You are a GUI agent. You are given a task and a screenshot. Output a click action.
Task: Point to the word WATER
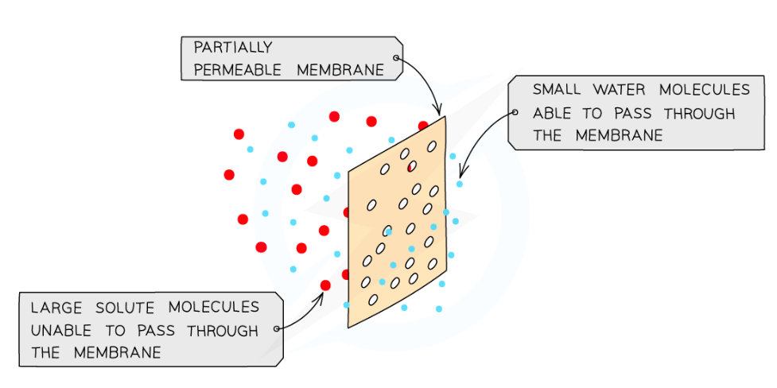[x=621, y=90]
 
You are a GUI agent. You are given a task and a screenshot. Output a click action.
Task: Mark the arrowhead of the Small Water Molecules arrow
[x=461, y=173]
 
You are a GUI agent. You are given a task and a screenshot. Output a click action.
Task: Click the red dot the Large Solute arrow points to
[x=325, y=285]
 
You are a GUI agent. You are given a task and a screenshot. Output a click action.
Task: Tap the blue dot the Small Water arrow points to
[x=459, y=184]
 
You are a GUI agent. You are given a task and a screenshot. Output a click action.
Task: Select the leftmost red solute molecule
[x=229, y=174]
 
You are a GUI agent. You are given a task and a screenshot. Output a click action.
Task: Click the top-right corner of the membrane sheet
[x=445, y=117]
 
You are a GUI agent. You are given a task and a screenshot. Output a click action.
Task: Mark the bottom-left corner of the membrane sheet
[x=348, y=327]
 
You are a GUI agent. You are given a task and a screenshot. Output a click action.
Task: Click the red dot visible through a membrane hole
[x=411, y=167]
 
